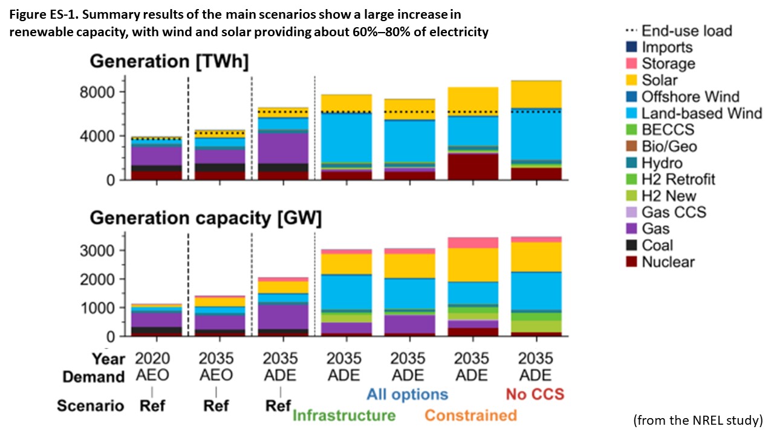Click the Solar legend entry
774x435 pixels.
[660, 80]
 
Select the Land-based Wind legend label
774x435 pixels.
[701, 113]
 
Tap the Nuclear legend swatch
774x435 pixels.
[631, 262]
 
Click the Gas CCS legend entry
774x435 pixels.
[674, 212]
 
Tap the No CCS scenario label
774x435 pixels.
[535, 395]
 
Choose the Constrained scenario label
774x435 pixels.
[470, 415]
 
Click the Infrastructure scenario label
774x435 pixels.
[343, 415]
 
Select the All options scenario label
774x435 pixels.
[406, 395]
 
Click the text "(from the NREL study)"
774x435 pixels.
[698, 420]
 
